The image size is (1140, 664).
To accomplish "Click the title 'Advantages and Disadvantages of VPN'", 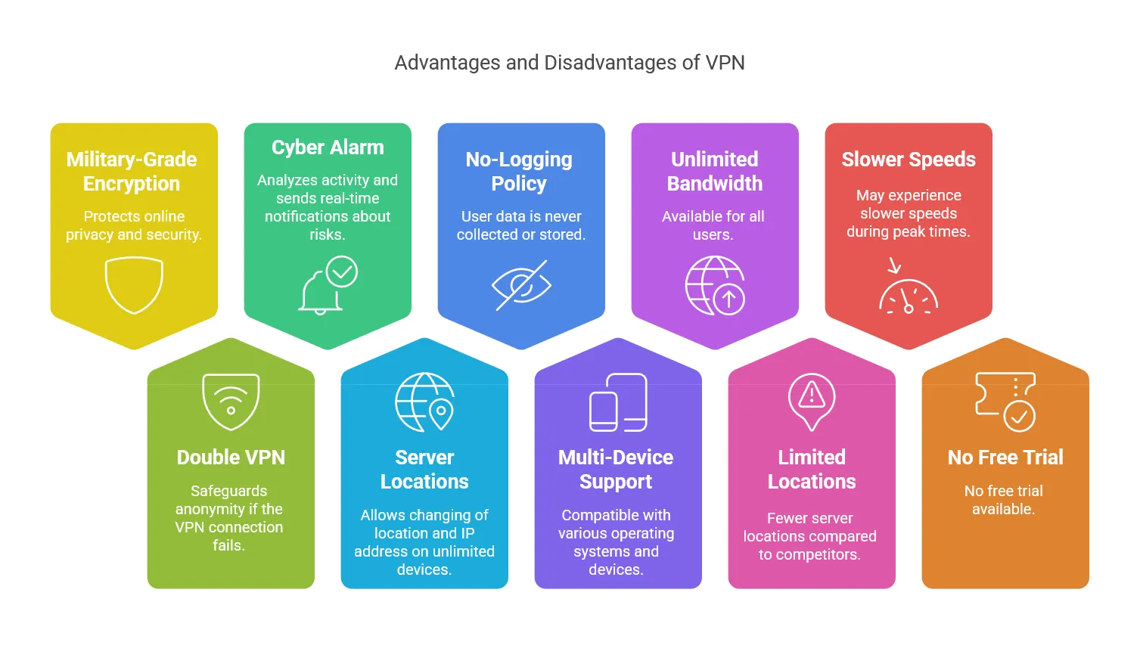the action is pos(570,63).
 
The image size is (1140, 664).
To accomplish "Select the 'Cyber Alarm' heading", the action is pos(328,147).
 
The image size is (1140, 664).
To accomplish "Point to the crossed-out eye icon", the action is pos(521,285).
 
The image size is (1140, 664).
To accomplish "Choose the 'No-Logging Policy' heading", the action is pos(519,172).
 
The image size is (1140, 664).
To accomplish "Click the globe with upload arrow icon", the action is pos(715,285).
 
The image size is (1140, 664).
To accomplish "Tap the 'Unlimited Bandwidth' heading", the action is pos(715,172).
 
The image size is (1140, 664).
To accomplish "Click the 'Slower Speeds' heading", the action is pos(909,160).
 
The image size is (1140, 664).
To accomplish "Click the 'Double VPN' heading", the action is pos(231,458).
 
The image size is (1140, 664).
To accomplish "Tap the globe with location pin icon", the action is pos(424,402).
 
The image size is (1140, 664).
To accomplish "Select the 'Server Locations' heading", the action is pos(424,470).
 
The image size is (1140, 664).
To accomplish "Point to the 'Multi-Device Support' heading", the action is pos(616,470).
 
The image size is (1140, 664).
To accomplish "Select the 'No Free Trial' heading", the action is pos(1005,458).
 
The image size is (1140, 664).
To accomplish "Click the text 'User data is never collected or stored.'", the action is pos(521,225).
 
